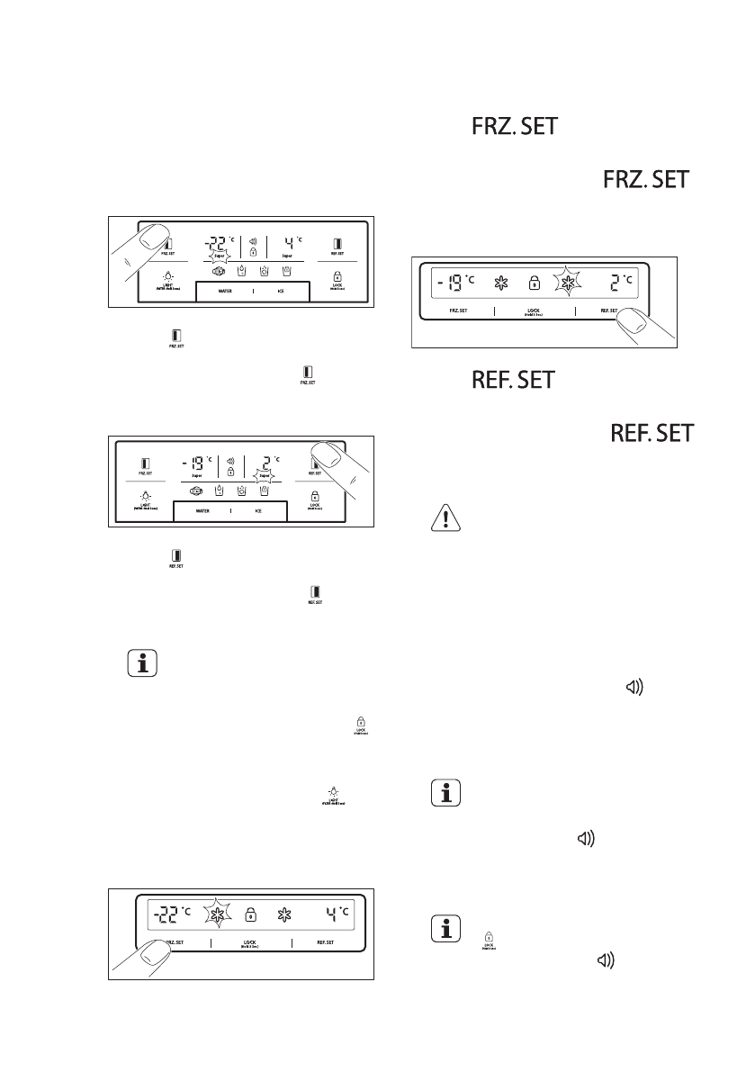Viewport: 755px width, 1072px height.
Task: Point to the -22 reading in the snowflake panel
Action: tap(167, 915)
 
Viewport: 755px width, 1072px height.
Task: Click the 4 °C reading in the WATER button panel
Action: tap(290, 244)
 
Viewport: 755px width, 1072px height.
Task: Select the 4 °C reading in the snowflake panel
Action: tap(335, 915)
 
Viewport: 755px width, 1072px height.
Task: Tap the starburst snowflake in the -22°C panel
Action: tap(217, 916)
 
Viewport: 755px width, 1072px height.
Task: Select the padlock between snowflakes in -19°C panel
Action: tap(534, 284)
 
